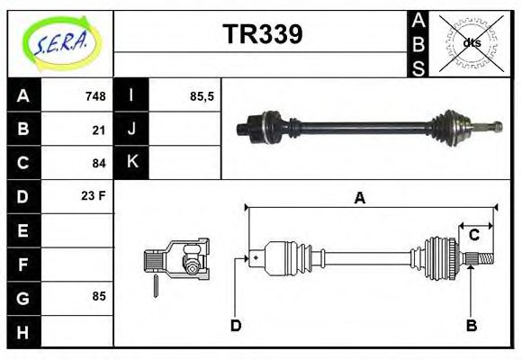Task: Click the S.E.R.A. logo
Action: coord(60,42)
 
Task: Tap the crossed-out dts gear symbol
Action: coord(471,43)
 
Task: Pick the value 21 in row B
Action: coord(99,130)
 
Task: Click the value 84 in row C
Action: coord(99,163)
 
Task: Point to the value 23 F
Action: coord(94,195)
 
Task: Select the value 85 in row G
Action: coord(99,295)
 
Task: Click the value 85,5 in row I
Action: coord(202,96)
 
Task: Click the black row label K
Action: coord(132,162)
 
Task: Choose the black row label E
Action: coord(23,230)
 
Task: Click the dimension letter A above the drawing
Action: coord(359,198)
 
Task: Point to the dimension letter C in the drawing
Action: coord(473,236)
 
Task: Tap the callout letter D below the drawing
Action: coord(236,326)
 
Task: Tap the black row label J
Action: coord(132,130)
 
